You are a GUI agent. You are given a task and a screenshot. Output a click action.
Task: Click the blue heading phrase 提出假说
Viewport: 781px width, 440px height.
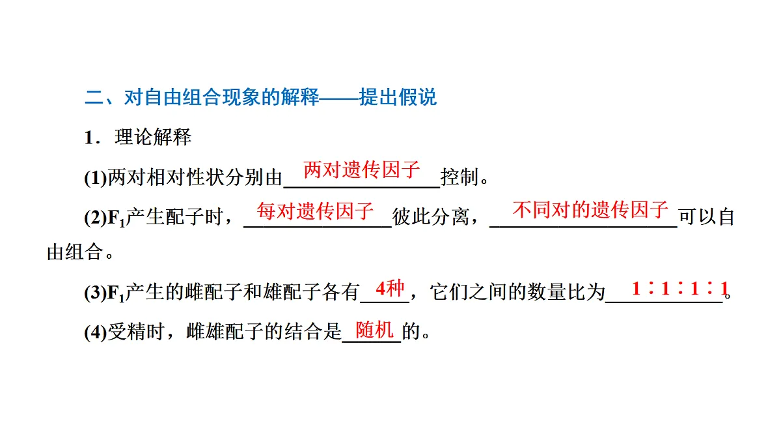tap(398, 97)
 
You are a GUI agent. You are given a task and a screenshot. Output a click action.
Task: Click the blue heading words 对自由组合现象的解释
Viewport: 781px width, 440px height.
tap(221, 97)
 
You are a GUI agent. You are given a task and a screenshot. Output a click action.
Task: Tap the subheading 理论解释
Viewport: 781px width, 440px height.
tap(153, 137)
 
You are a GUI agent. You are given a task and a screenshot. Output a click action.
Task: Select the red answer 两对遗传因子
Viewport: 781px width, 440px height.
tap(362, 169)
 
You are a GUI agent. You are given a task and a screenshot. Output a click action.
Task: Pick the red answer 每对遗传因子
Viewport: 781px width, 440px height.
tap(315, 211)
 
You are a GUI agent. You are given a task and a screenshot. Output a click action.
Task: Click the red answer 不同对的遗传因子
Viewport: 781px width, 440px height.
tap(590, 209)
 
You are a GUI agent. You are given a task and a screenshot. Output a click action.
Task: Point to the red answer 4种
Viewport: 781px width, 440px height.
tap(390, 288)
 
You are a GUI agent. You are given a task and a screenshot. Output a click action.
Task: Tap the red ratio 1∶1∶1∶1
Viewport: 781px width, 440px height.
tap(680, 288)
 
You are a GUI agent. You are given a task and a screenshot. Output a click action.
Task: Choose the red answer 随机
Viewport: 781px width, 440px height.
tap(374, 330)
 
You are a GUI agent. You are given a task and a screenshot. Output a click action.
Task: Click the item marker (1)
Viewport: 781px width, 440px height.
tap(95, 178)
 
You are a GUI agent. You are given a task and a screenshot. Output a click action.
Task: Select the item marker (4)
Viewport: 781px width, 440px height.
tap(95, 332)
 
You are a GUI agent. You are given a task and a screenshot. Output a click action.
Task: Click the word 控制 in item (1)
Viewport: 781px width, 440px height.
tap(459, 177)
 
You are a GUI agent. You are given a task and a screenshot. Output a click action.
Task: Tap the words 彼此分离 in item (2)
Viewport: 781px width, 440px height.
tap(431, 217)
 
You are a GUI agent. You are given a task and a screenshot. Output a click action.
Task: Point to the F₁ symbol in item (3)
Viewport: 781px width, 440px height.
tap(116, 293)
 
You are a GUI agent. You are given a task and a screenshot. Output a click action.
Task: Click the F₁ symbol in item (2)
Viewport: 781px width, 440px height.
tap(116, 218)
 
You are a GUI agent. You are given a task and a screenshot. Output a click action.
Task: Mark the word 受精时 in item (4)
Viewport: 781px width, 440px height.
tap(136, 331)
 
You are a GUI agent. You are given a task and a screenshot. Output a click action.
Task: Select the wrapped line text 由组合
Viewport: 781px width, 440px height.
tap(75, 252)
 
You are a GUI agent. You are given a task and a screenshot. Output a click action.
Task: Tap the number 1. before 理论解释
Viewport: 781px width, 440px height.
tap(92, 138)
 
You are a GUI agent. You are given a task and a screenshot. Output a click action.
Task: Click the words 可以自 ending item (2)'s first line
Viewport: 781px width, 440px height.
tap(707, 217)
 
